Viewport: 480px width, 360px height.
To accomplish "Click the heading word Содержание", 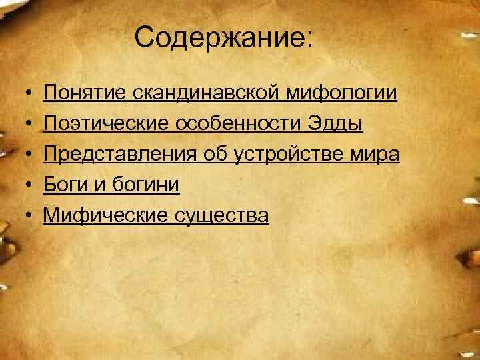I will [222, 38].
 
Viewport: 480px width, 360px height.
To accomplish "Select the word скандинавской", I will [208, 93].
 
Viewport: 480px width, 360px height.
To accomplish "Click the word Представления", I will [120, 154].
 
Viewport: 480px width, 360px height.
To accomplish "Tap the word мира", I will [378, 154].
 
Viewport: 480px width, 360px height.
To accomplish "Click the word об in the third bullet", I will [215, 154].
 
